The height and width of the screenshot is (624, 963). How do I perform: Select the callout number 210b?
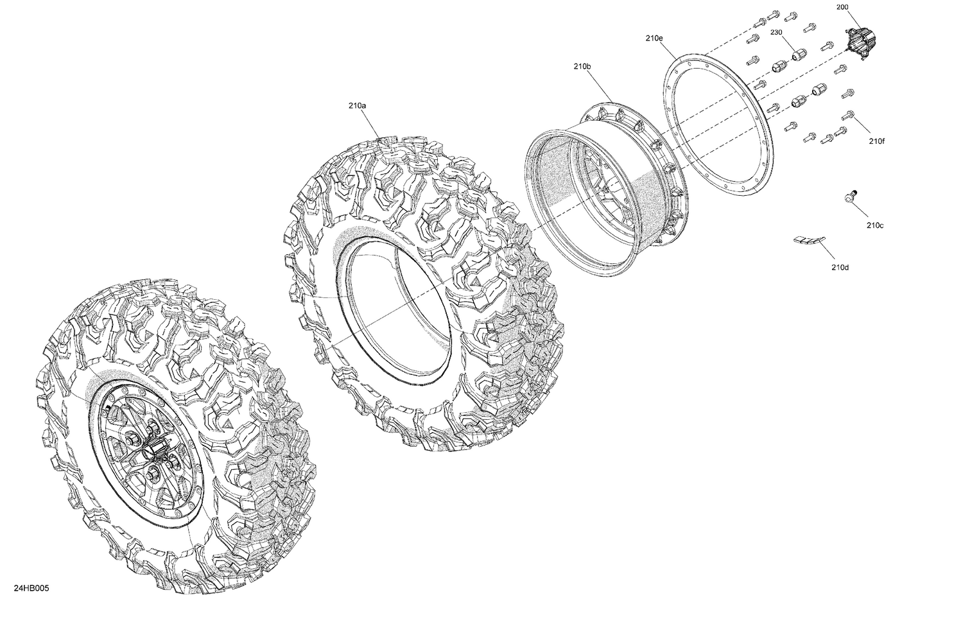582,66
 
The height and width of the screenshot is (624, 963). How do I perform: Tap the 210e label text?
654,39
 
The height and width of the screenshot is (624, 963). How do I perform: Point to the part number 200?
842,7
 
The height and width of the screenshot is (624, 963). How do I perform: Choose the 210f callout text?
876,141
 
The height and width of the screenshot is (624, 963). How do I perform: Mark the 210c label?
874,225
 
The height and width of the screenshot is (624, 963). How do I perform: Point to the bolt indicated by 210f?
847,116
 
